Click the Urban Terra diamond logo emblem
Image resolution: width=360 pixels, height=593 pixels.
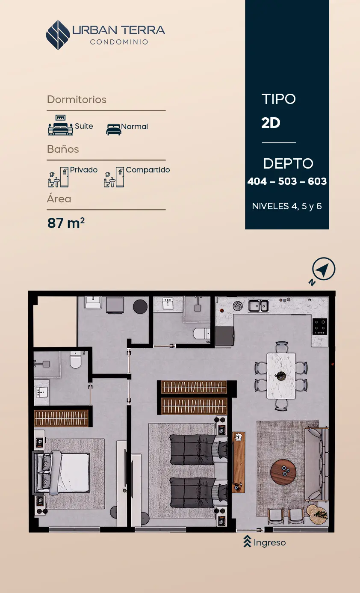[58, 35]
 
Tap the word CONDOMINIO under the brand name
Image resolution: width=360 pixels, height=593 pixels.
[119, 42]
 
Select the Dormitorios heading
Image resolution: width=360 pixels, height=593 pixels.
[77, 100]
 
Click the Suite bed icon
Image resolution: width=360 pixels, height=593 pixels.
[60, 125]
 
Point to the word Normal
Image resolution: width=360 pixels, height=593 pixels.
[134, 127]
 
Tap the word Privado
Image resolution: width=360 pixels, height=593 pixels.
[83, 170]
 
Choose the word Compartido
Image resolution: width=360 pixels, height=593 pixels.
[148, 170]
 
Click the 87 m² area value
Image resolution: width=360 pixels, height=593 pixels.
[66, 223]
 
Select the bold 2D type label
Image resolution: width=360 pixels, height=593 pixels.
[271, 123]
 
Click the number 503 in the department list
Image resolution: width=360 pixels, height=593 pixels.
[287, 181]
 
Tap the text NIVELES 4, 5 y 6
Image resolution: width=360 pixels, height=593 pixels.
[287, 206]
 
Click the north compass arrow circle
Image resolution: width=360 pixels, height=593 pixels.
[324, 269]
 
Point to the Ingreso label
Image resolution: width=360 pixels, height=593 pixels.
[269, 543]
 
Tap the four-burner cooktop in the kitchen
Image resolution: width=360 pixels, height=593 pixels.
[319, 327]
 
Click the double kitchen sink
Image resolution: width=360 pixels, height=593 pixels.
[258, 306]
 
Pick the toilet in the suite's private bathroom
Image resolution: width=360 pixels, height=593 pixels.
[76, 359]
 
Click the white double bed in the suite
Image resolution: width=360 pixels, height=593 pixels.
[62, 472]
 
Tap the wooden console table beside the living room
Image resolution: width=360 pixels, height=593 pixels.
[238, 462]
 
